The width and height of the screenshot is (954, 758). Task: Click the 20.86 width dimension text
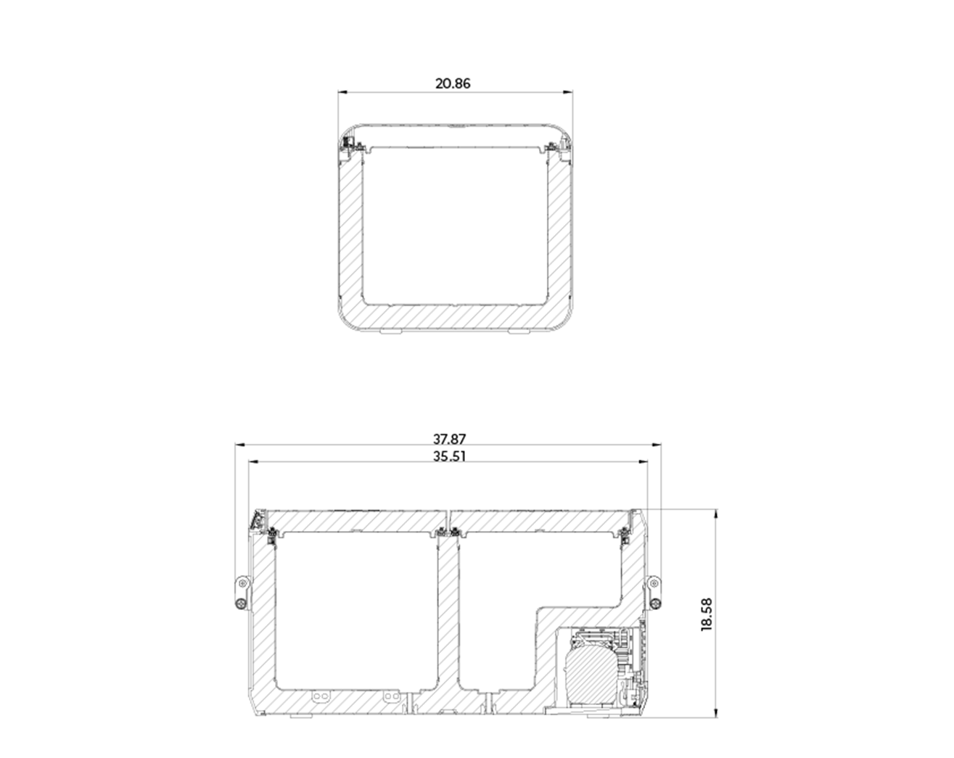point(453,83)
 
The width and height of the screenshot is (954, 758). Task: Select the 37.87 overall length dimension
point(450,439)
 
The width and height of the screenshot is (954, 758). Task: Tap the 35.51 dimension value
point(450,456)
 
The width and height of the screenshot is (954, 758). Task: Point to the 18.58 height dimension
point(707,614)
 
